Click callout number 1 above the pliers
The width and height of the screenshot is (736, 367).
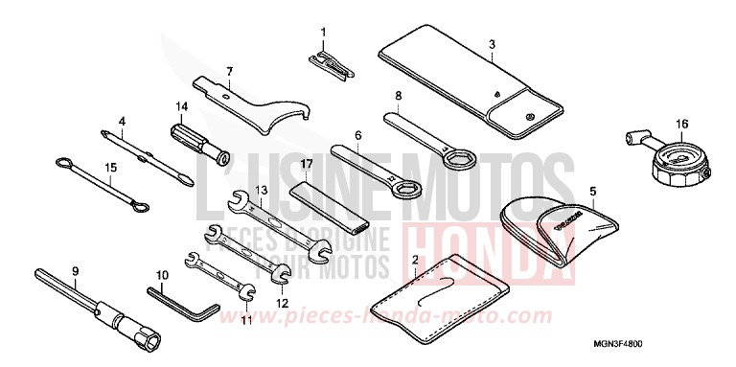pos(323,33)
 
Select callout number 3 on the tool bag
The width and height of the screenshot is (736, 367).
pos(492,44)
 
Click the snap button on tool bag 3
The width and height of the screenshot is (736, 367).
pos(531,117)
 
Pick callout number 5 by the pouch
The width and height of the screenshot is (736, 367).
pos(592,192)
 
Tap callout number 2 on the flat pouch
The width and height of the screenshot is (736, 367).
pos(414,260)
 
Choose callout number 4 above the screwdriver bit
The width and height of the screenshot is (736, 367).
pos(123,122)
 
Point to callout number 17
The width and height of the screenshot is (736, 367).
pos(306,165)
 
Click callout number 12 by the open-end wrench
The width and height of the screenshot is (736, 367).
pos(282,304)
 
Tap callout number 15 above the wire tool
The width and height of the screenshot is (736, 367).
pos(110,167)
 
